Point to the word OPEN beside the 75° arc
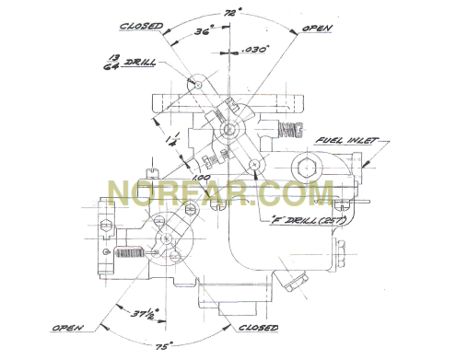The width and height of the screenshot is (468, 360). tap(69, 327)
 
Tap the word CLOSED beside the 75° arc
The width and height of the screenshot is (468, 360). tap(259, 327)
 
